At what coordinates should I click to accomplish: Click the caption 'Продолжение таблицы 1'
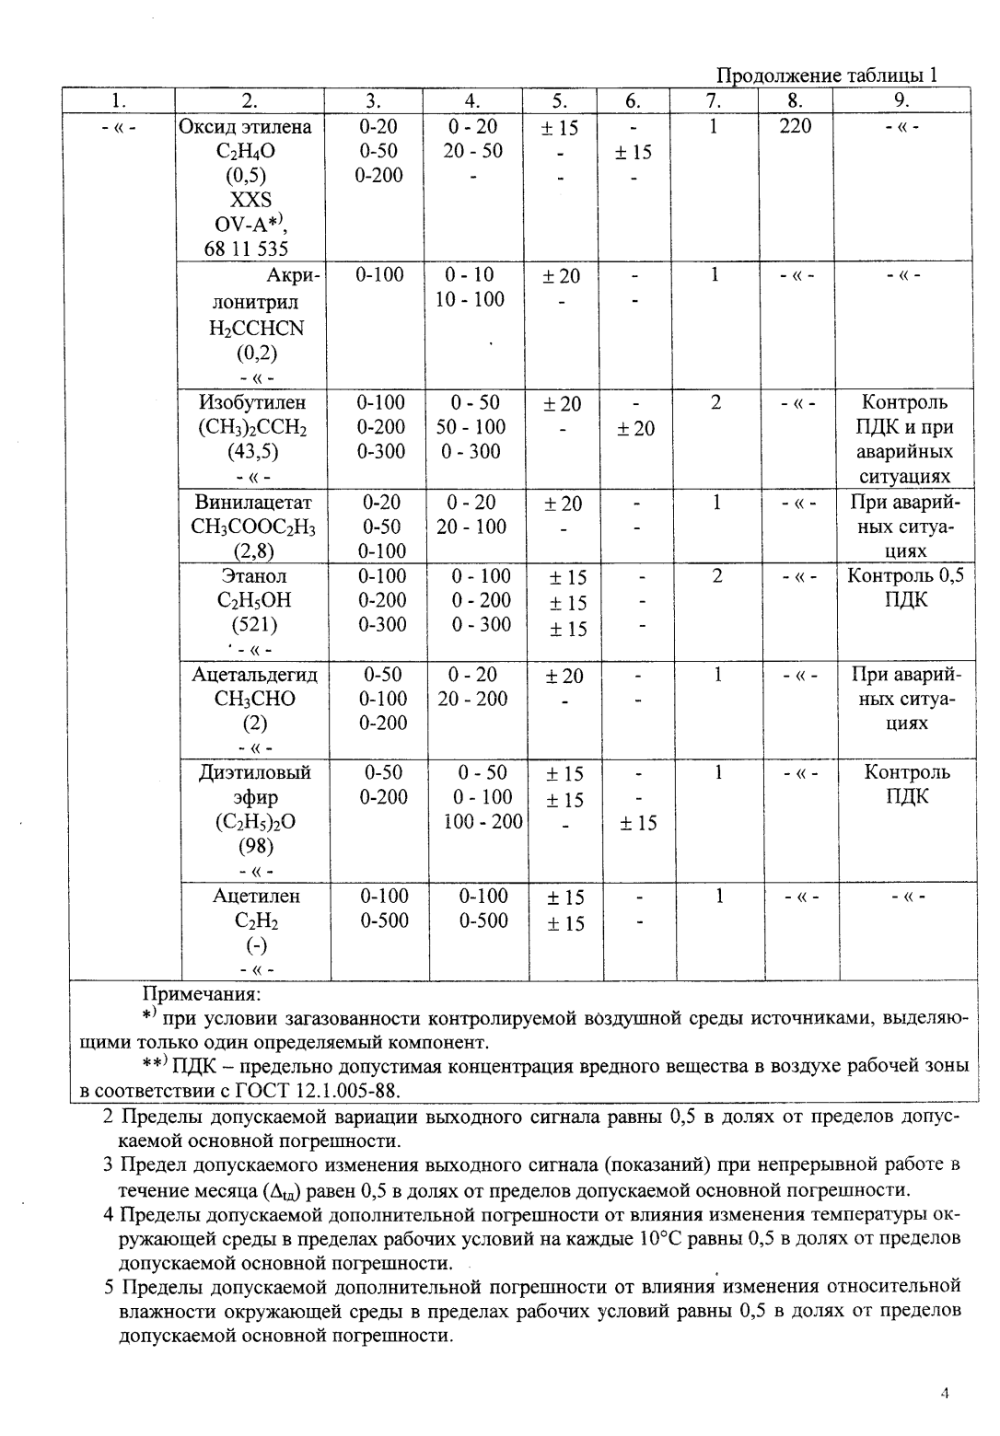[826, 76]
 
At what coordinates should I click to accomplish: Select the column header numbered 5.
[560, 100]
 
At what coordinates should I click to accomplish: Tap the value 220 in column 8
[795, 126]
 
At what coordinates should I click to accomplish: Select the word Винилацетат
[253, 503]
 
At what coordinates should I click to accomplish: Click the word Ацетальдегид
[254, 675]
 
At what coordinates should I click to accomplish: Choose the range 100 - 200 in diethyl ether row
[483, 822]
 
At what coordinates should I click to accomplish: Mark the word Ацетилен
[255, 896]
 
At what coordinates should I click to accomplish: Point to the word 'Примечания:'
[201, 993]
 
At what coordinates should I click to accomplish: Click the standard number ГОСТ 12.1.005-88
[317, 1091]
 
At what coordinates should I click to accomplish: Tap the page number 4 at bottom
[945, 1394]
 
